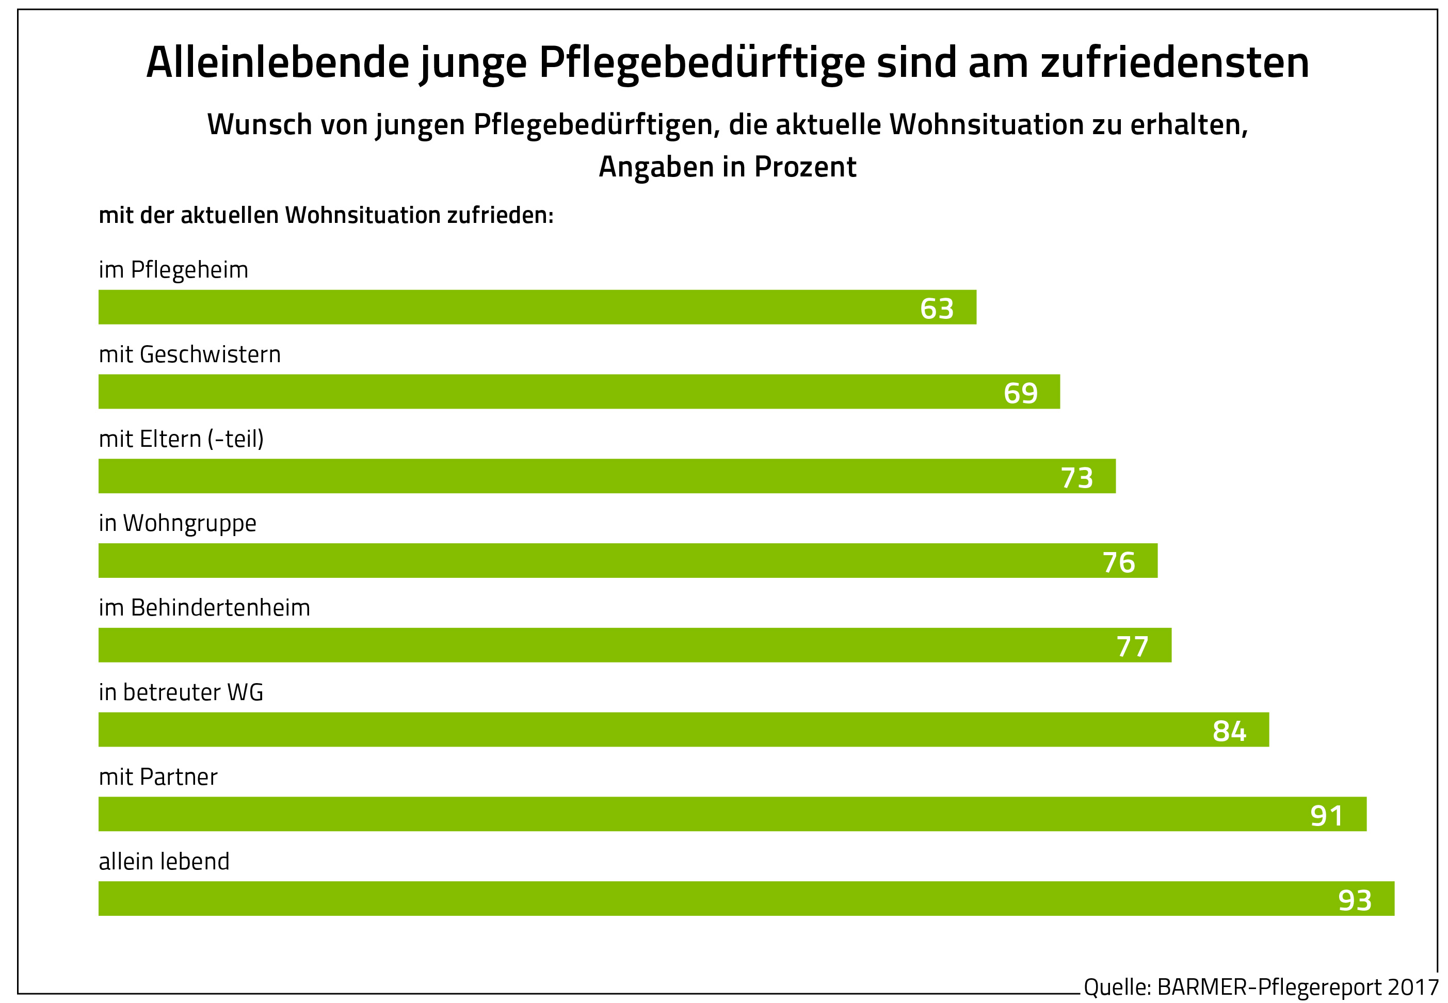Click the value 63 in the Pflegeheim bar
click(937, 309)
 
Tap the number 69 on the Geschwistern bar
click(1020, 393)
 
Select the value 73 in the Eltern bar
click(1076, 478)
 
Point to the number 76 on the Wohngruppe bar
click(1119, 562)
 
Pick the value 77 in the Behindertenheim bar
click(1132, 646)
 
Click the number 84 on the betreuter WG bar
click(1229, 731)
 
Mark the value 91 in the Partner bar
click(1327, 816)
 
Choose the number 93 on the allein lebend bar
click(1355, 900)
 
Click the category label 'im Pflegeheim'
click(173, 270)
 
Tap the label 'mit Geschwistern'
click(190, 354)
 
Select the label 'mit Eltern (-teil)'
click(181, 439)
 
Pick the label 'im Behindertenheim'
click(204, 608)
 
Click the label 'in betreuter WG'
click(181, 692)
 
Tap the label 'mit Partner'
click(158, 777)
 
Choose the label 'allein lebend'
click(164, 861)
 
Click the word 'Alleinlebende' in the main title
click(277, 62)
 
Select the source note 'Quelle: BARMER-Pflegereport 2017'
click(1261, 986)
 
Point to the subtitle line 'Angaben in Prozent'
click(727, 167)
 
